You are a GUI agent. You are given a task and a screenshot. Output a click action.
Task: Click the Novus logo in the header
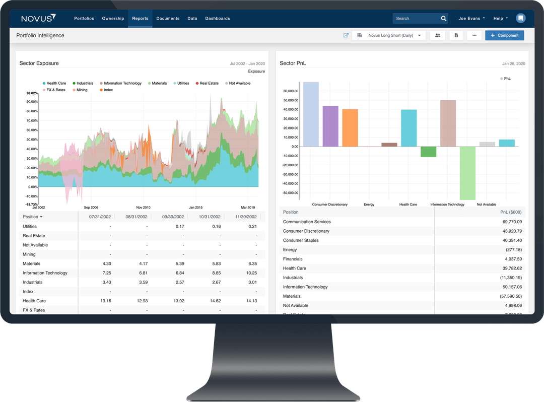pos(38,19)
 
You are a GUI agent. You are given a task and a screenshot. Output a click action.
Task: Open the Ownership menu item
pos(113,19)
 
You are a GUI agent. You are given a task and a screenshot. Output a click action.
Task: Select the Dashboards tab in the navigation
pos(217,19)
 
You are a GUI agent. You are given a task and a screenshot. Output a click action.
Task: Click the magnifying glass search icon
pos(444,19)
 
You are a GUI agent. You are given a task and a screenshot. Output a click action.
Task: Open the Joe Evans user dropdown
pos(471,19)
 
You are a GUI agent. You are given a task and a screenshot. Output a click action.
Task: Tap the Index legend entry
pos(106,90)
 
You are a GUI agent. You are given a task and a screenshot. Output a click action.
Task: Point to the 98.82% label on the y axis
pos(32,93)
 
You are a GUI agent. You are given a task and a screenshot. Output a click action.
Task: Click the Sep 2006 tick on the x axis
pos(91,208)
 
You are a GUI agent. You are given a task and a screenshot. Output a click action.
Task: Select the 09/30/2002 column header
pos(173,217)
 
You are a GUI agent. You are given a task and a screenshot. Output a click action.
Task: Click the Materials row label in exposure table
pos(31,263)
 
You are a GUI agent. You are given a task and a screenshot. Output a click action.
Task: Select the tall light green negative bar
pos(467,173)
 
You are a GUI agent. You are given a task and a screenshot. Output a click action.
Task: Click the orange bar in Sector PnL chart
pos(350,127)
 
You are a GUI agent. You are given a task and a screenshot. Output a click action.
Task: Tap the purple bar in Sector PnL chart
pos(330,126)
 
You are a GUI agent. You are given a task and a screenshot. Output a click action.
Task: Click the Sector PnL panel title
pos(293,63)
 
